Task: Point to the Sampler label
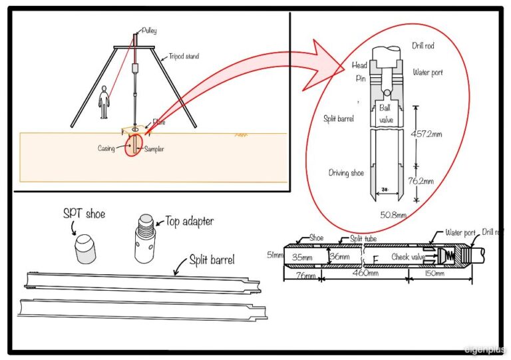(x=154, y=149)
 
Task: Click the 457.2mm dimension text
(x=436, y=134)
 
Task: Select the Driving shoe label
(x=346, y=173)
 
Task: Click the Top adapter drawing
(x=144, y=238)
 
